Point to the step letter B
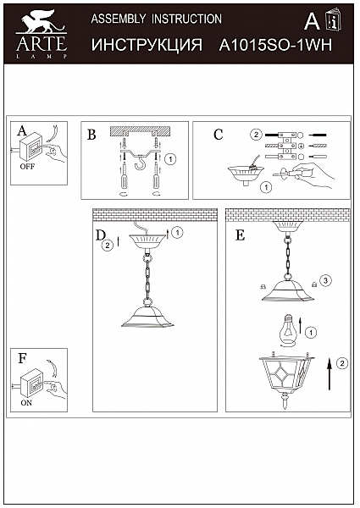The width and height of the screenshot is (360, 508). pos(91,135)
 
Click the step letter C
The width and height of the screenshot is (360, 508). pos(218,135)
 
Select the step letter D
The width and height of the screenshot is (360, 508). pos(100,235)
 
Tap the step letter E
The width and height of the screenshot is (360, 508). pos(240,235)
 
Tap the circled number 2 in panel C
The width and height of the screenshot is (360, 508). pos(255,135)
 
